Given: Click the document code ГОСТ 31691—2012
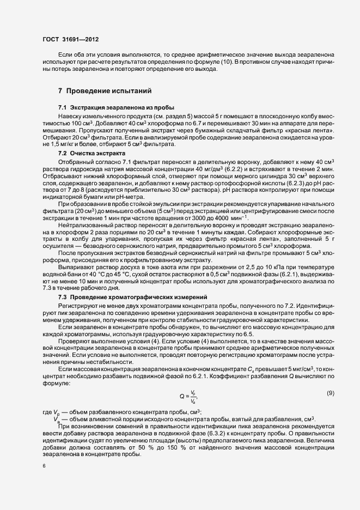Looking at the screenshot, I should point(70,39).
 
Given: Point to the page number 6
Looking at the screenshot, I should point(44,466).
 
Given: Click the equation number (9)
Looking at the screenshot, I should point(330,393).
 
